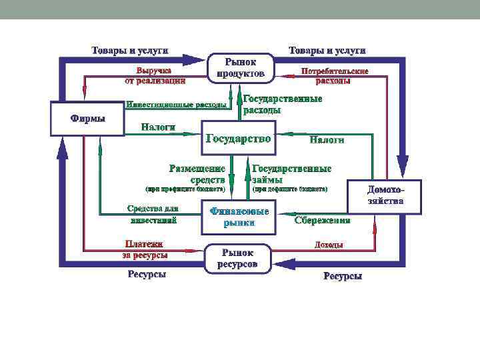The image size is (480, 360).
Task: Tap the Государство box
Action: (x=238, y=139)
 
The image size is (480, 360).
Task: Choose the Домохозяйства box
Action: (x=385, y=195)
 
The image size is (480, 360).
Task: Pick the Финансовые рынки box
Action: (x=239, y=217)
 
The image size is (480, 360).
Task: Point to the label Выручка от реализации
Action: (x=154, y=75)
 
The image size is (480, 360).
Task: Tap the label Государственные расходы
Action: (x=283, y=104)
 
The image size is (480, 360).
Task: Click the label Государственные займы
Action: (x=291, y=173)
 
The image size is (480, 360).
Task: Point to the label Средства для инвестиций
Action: (x=153, y=214)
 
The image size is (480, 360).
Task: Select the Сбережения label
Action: (x=323, y=220)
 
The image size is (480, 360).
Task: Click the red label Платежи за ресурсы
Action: (x=145, y=249)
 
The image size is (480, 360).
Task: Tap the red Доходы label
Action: (x=329, y=245)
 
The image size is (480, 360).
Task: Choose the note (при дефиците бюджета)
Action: (x=290, y=189)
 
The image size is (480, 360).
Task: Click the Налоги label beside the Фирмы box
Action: (x=159, y=127)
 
